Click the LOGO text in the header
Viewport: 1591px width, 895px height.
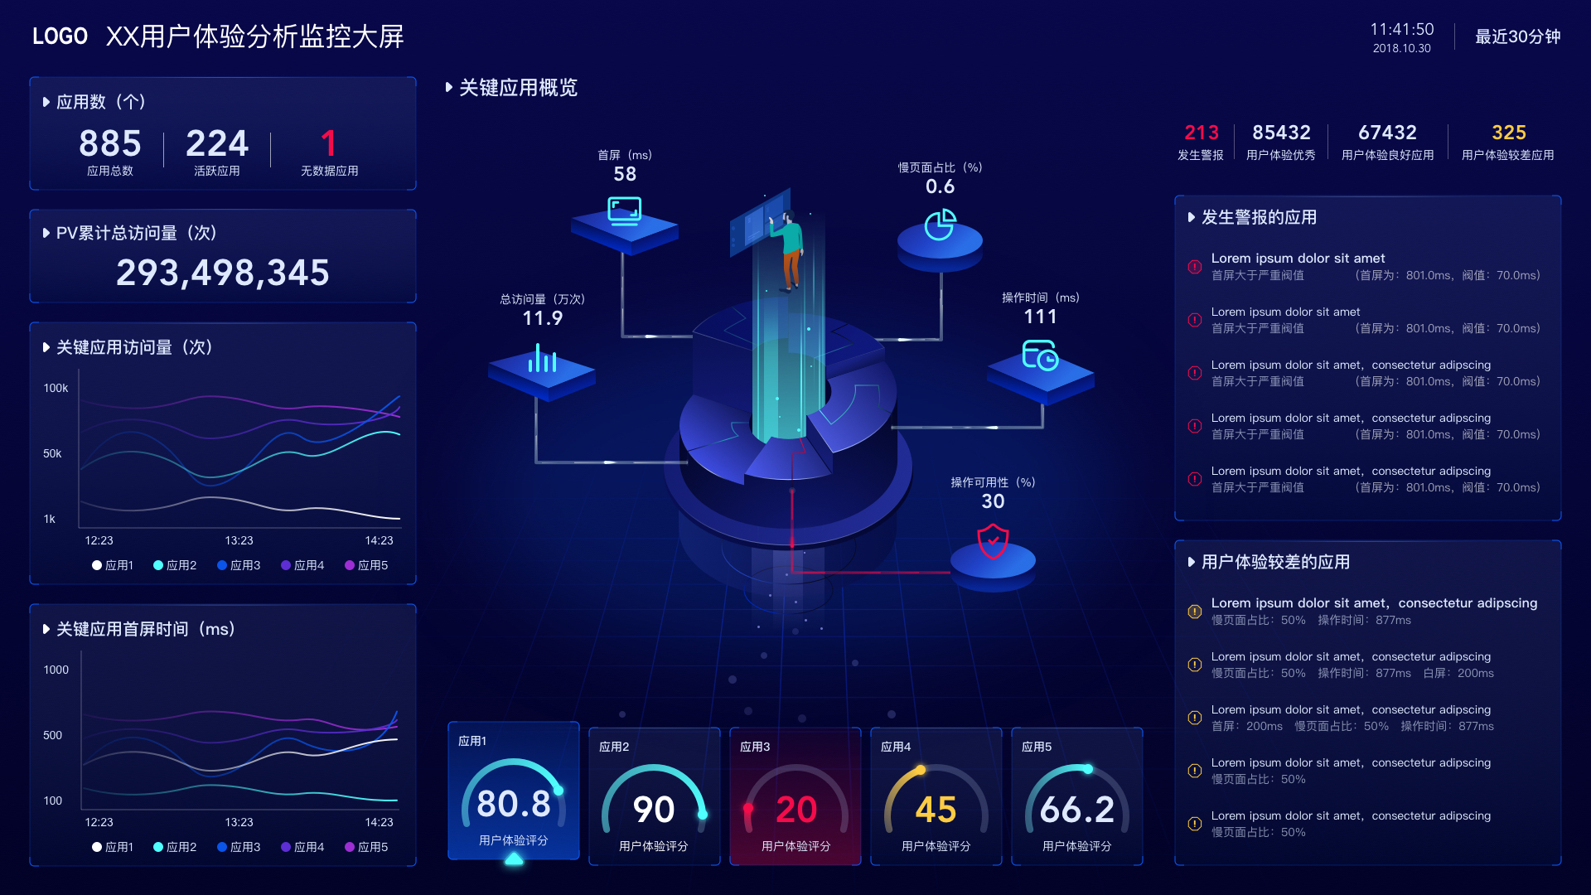[60, 36]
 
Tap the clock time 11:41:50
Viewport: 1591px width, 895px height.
[1401, 30]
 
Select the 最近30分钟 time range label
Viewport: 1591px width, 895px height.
[1517, 36]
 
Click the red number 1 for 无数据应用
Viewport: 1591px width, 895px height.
[329, 143]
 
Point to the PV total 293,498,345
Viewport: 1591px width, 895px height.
[222, 273]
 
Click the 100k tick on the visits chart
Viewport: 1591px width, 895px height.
[56, 388]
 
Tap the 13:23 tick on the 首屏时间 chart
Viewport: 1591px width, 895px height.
[239, 822]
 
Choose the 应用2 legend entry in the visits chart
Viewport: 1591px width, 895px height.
[175, 565]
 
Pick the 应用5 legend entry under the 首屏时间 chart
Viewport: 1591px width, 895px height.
[366, 847]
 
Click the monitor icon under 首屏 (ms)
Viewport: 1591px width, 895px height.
[624, 210]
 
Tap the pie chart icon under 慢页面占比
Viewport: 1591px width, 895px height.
[940, 224]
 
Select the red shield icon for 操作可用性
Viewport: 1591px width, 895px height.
[993, 542]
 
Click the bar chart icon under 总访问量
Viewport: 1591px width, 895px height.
[542, 360]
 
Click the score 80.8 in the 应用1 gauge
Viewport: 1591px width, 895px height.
[514, 804]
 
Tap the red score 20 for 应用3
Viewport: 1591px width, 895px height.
[795, 810]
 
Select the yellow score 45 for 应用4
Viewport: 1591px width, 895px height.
[936, 810]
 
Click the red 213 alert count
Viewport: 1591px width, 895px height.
[1201, 133]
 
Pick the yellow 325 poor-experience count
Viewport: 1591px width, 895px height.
[1508, 133]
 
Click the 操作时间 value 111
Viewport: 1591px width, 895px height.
[1040, 317]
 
